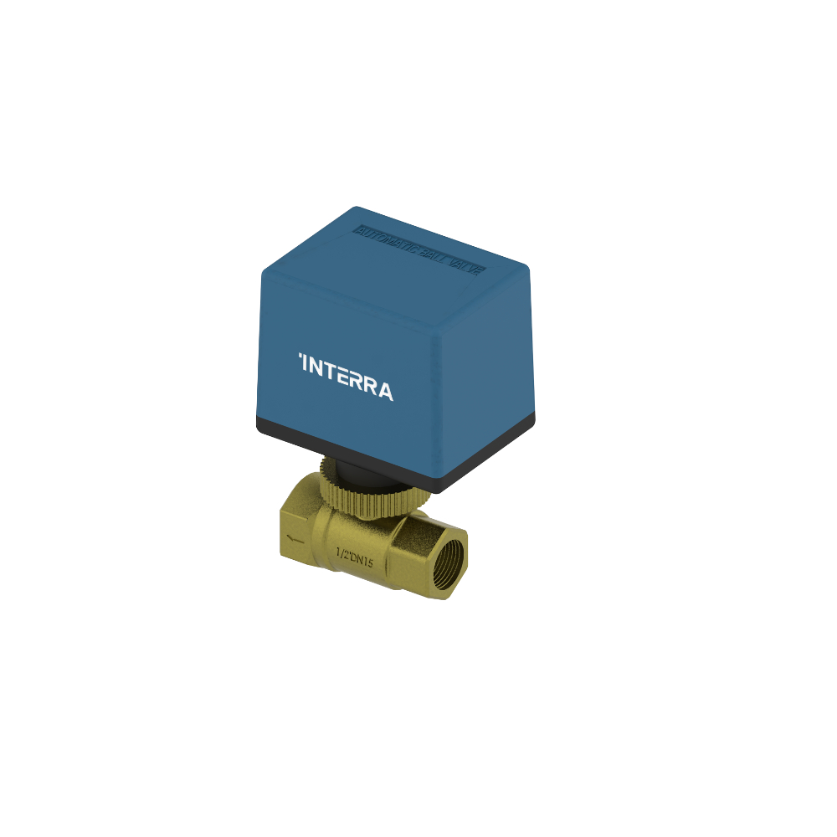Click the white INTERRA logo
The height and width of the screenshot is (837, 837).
click(346, 377)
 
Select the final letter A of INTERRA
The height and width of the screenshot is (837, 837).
click(384, 390)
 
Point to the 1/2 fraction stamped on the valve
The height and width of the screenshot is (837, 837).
click(341, 554)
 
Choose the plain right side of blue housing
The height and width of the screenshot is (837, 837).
click(494, 377)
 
